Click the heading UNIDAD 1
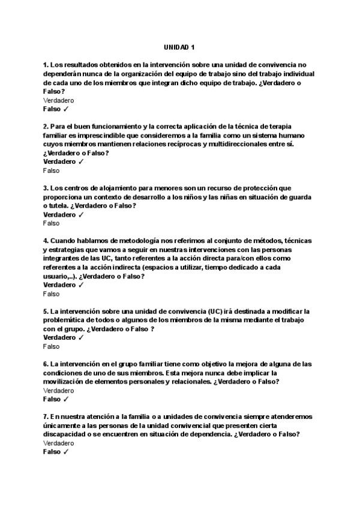179,47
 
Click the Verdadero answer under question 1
58,100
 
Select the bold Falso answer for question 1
52,109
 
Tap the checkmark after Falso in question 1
66,109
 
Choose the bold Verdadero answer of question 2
59,161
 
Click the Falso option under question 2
52,170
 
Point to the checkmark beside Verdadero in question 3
81,214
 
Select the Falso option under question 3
52,223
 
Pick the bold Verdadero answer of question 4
59,285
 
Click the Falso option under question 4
52,294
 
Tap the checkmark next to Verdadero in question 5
81,337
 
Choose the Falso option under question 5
52,346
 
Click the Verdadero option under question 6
58,390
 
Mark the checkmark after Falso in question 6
66,399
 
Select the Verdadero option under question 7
58,442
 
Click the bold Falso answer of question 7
52,452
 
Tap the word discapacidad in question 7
65,434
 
